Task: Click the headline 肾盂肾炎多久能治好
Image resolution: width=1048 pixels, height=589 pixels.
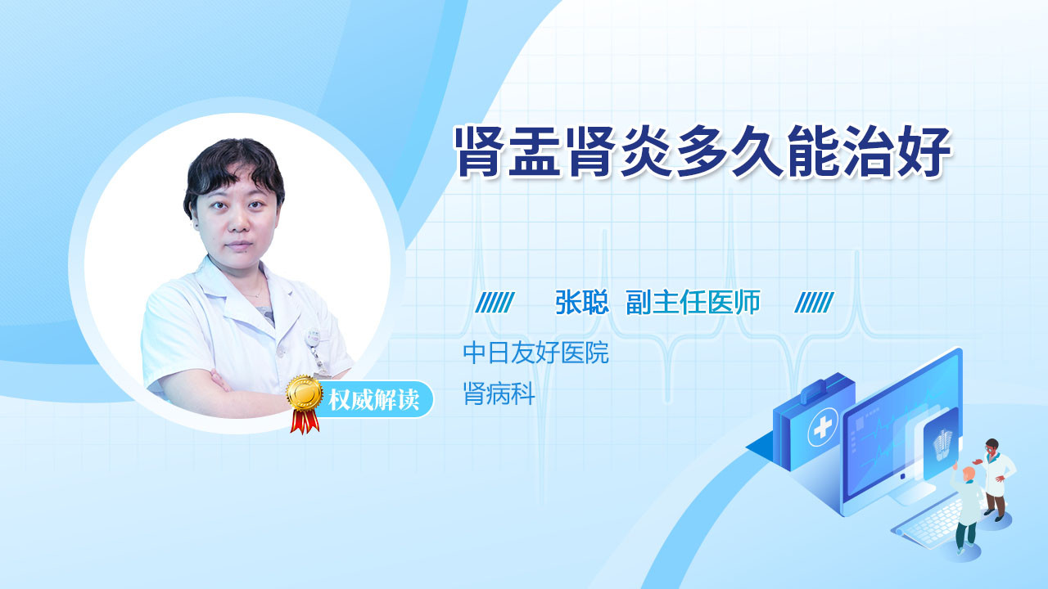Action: pos(703,151)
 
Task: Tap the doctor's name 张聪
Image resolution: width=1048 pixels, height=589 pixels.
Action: pos(581,303)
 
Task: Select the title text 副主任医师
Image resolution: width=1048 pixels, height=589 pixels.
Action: pos(693,303)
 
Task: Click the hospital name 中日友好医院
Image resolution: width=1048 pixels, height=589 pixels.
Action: pos(535,353)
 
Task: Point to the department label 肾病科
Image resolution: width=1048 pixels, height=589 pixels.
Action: pos(499,393)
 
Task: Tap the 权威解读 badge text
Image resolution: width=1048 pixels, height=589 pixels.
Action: pos(373,400)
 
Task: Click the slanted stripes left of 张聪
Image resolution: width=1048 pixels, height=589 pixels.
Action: pos(495,303)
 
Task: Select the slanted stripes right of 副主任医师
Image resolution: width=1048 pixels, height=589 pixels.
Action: pos(814,303)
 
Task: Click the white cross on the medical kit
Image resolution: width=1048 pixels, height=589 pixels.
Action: pos(823,427)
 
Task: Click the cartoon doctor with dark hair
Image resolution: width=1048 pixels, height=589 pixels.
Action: pos(995,479)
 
